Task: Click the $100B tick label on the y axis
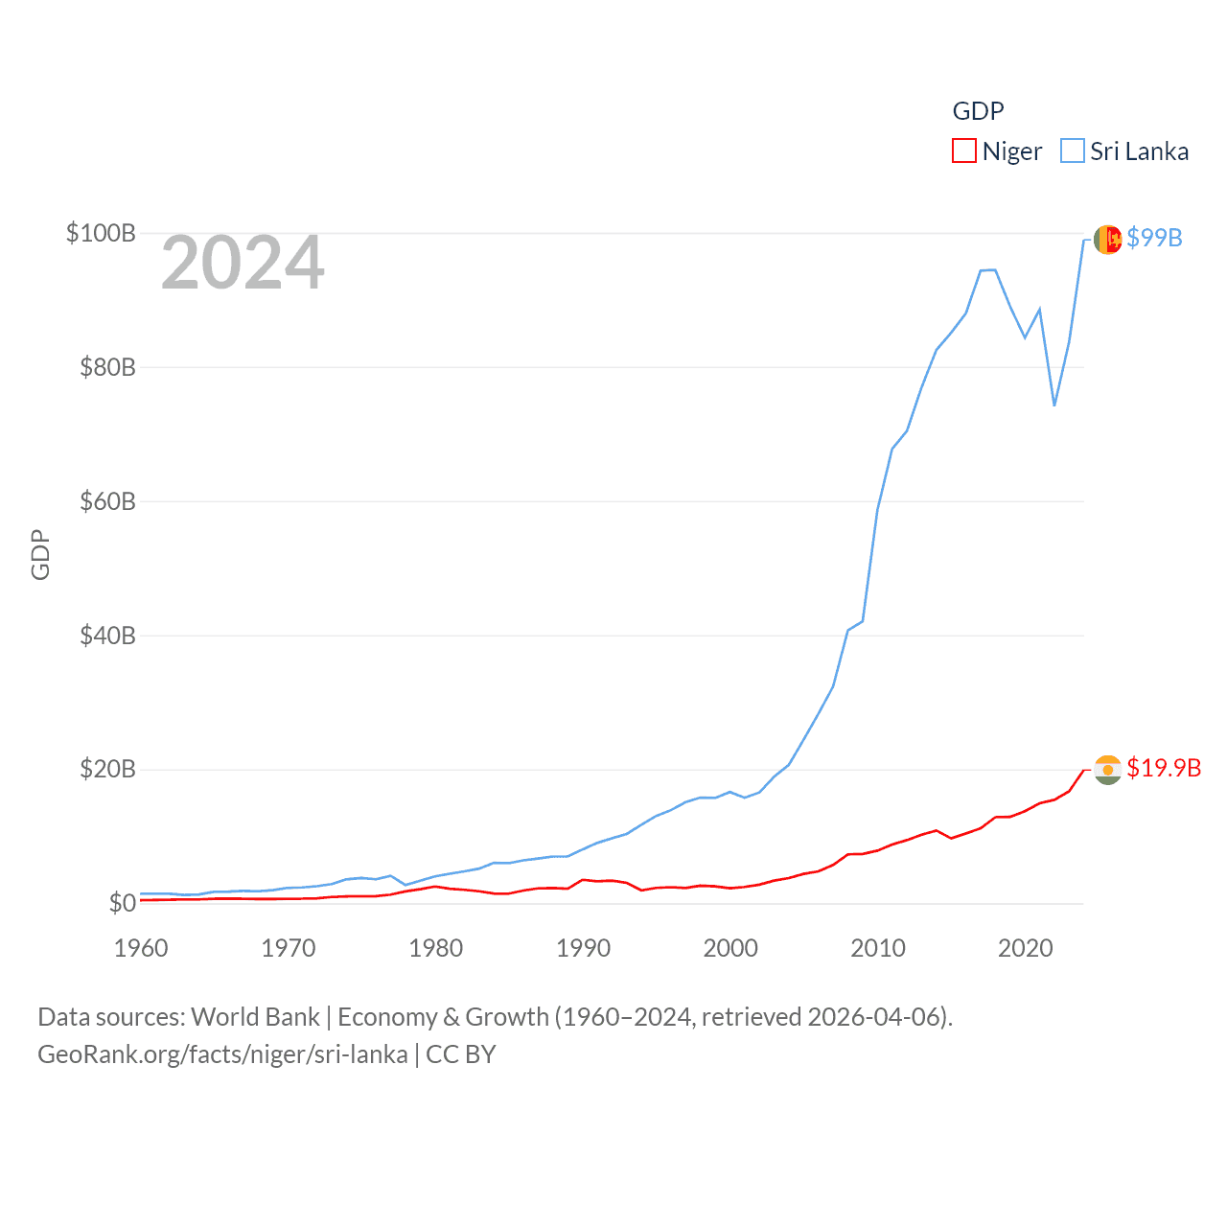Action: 101,233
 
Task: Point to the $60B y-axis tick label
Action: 107,501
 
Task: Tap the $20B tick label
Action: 107,769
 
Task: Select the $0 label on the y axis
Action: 122,903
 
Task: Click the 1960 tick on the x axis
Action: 141,948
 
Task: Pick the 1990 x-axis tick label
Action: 583,948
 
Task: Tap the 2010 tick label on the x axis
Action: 878,948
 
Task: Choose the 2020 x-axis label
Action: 1026,948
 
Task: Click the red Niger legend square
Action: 963,151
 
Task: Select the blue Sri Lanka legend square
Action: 1073,151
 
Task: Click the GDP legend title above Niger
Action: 978,111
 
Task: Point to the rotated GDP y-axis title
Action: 40,554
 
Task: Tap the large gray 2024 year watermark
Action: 243,263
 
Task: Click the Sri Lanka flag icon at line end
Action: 1107,240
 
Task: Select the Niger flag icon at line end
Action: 1107,769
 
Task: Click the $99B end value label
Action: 1154,238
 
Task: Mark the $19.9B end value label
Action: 1164,768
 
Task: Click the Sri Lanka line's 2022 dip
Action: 1054,405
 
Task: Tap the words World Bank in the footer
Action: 256,1016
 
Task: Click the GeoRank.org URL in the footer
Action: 222,1054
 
